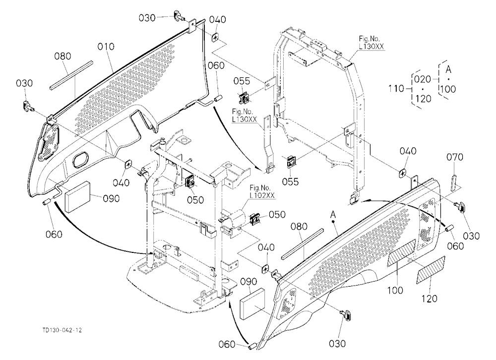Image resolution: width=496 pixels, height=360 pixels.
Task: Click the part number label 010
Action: coord(106,47)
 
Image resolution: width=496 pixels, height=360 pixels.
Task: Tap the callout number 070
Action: coord(454,157)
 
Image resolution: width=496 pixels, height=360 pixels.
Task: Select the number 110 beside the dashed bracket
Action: coord(396,88)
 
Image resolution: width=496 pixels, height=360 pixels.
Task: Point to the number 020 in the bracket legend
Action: coord(422,79)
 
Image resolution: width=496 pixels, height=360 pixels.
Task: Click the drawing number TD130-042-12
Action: coord(62,330)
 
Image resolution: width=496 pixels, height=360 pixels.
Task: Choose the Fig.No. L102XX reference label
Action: coord(262,192)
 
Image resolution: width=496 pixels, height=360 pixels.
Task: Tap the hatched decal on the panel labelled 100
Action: coord(402,252)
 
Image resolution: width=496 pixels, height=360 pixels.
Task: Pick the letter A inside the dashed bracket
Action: coord(448,69)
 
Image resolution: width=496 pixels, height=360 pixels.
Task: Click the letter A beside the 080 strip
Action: coord(333,215)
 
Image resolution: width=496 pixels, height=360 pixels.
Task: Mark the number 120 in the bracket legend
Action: coord(423,99)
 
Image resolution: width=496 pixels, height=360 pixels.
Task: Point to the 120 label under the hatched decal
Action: coord(429,299)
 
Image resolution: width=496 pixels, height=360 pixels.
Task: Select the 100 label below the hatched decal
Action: coord(395,290)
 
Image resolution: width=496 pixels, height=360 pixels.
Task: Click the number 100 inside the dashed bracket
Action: coord(447,89)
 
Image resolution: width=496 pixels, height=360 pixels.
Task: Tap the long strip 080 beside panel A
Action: coord(303,244)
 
